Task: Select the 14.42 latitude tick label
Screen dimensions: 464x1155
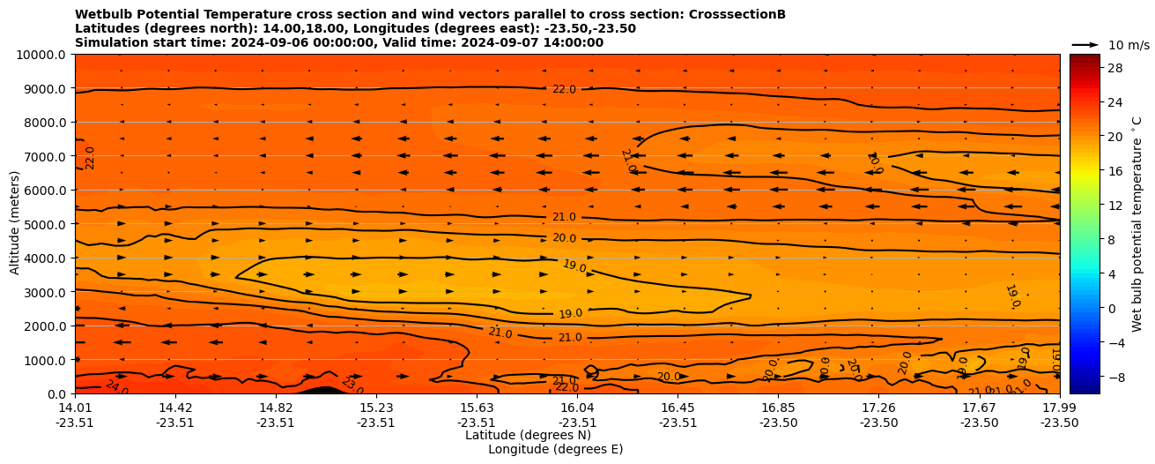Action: coord(175,408)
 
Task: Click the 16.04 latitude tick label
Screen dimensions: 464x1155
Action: coord(577,408)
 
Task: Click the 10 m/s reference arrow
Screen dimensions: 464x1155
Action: coord(1085,44)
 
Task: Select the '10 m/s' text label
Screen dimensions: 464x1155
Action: coord(1129,45)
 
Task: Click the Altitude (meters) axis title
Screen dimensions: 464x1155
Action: coord(15,223)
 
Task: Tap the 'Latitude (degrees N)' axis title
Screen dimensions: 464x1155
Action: coord(528,435)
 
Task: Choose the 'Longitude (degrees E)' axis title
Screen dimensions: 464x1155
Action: coord(555,449)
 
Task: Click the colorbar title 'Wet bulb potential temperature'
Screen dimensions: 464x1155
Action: coord(1137,223)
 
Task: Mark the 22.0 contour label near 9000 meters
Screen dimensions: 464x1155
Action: coord(564,89)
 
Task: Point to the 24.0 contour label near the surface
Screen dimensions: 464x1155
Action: coord(116,386)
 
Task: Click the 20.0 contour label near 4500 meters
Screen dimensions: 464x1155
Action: coord(564,238)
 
